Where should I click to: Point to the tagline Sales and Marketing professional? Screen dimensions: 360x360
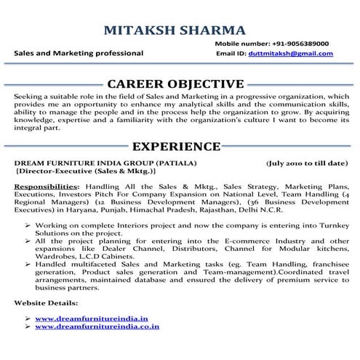click(79, 54)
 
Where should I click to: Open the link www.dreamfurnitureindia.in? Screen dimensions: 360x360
click(91, 318)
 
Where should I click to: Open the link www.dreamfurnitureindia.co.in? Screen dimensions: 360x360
click(97, 327)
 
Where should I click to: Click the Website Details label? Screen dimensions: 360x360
click(47, 301)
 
